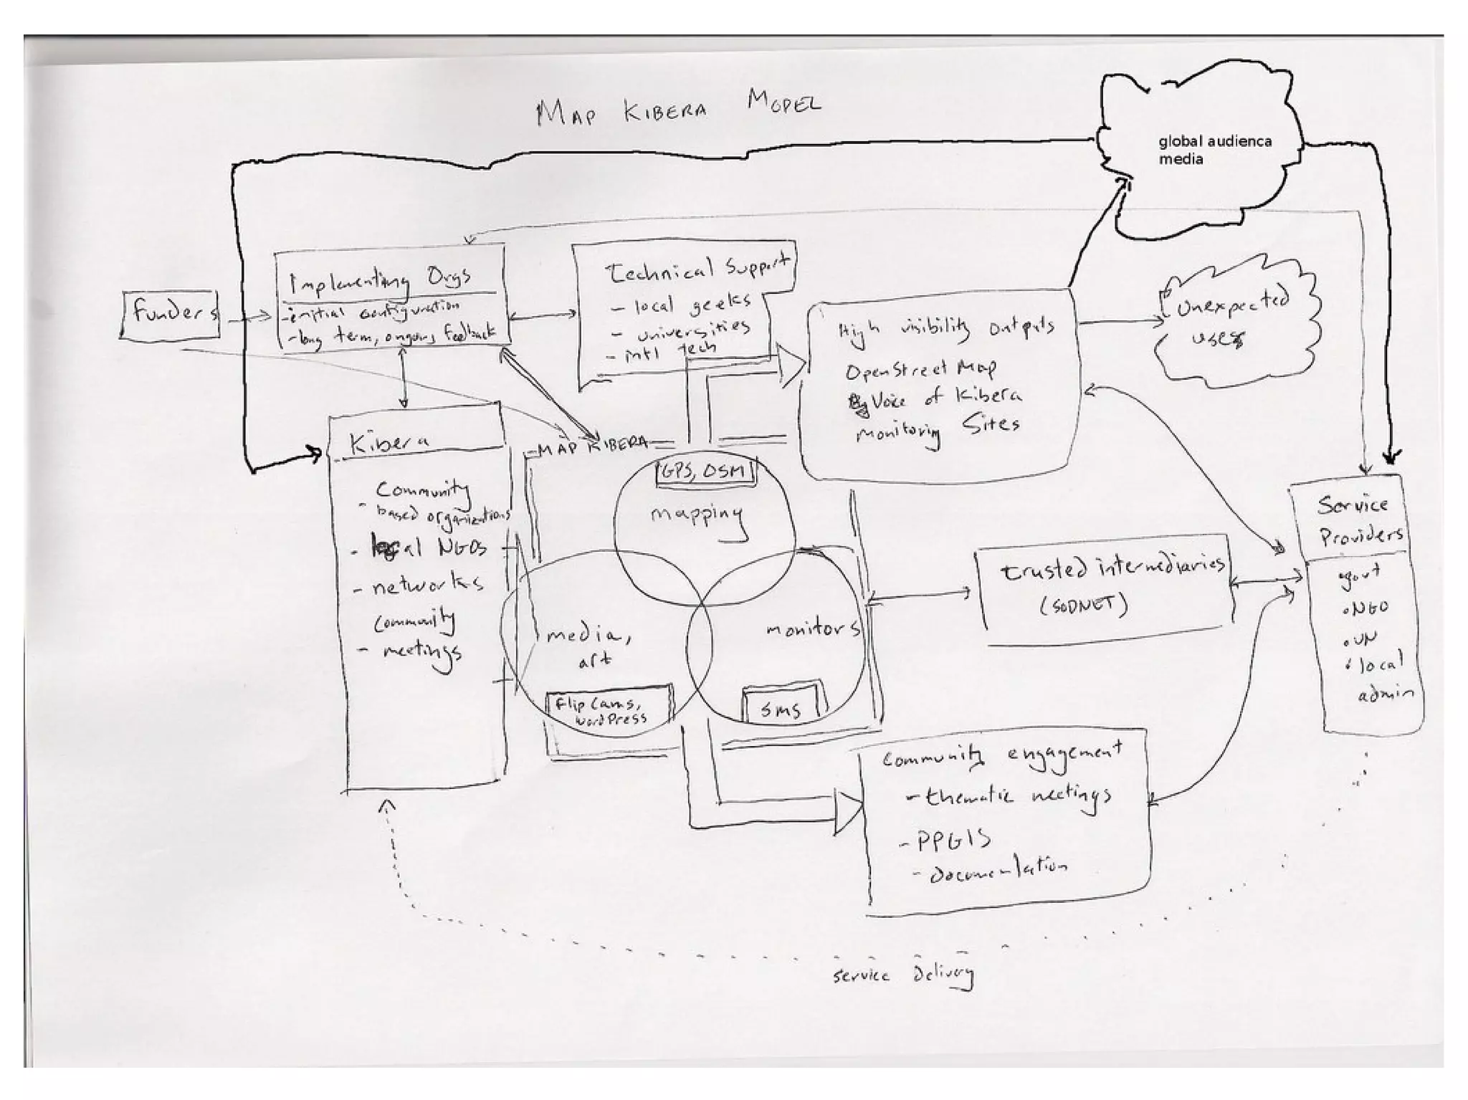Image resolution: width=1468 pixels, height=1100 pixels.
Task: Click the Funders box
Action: pyautogui.click(x=171, y=313)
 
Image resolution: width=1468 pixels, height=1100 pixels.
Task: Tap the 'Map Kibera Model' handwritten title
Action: pyautogui.click(x=677, y=108)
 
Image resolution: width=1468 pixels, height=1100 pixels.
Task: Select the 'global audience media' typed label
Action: pyautogui.click(x=1214, y=150)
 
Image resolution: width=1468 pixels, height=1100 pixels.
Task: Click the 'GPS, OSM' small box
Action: pyautogui.click(x=706, y=472)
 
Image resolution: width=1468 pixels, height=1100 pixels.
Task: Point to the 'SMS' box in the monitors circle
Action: pyautogui.click(x=781, y=707)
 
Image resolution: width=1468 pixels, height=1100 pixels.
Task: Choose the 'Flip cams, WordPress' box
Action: pyautogui.click(x=609, y=709)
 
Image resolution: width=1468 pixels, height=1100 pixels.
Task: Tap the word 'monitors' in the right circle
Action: pyautogui.click(x=813, y=629)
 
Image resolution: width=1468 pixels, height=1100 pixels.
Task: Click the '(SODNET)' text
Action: pyautogui.click(x=1084, y=606)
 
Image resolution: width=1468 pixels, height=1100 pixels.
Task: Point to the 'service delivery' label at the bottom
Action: pyautogui.click(x=903, y=975)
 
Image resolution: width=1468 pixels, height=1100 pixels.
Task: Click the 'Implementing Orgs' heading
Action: pyautogui.click(x=380, y=280)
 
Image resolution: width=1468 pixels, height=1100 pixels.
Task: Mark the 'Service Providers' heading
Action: pyautogui.click(x=1359, y=520)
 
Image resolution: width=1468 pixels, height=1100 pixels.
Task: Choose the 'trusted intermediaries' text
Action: pyautogui.click(x=1111, y=570)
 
